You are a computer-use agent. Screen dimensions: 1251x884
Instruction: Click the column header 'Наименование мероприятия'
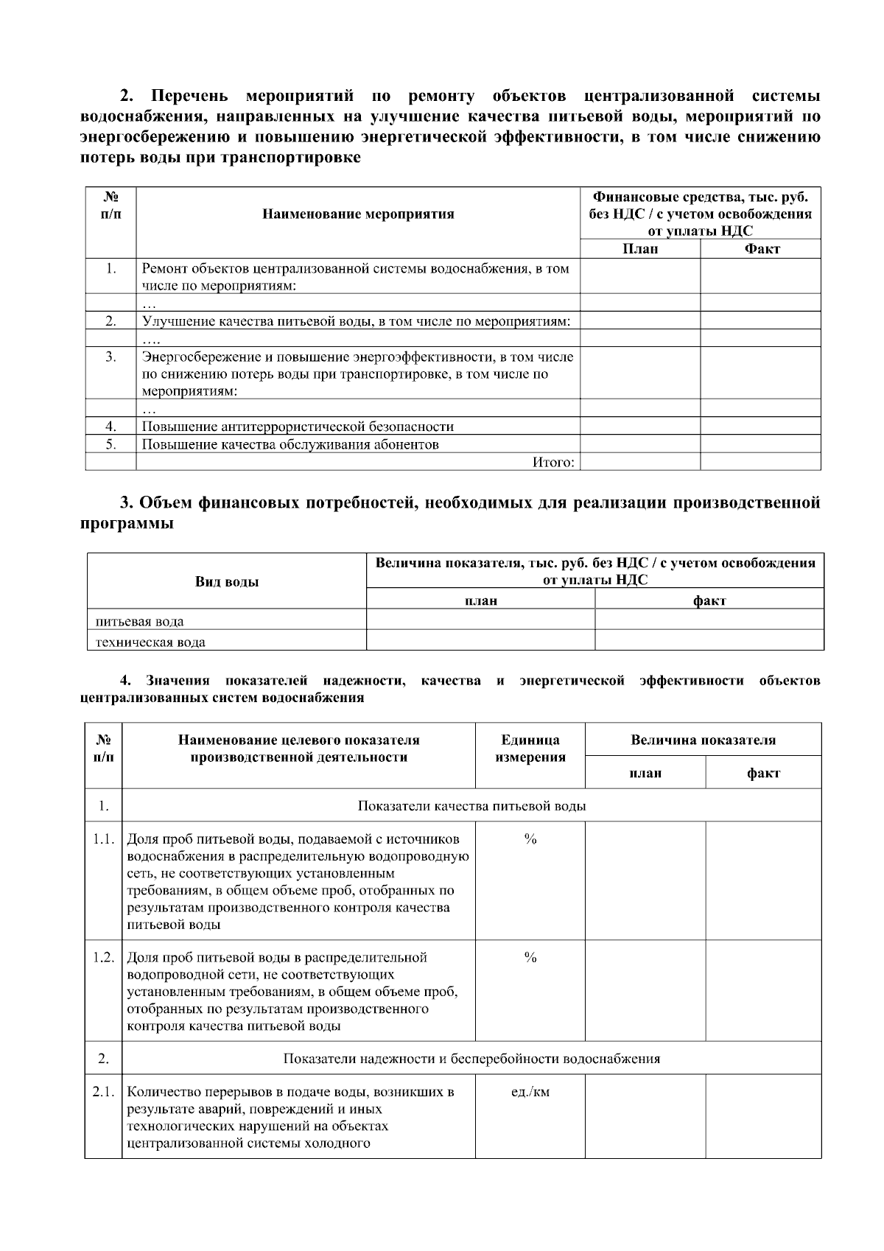coord(358,214)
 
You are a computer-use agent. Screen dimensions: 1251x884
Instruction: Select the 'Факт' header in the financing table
coord(761,249)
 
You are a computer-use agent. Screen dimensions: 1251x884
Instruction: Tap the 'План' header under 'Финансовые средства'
coord(639,249)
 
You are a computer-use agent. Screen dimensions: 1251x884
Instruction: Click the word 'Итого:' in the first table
coord(552,462)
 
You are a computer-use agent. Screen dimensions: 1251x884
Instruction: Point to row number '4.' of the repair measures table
coord(111,426)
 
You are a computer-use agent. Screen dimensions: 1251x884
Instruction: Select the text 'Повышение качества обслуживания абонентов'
coord(290,444)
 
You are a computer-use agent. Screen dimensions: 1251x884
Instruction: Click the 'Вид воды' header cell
coord(226,581)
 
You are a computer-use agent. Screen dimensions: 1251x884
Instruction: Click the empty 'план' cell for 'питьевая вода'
coord(480,620)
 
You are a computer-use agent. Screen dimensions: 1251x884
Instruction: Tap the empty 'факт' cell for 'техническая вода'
coord(709,640)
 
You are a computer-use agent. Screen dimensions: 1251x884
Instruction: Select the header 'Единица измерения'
coord(530,749)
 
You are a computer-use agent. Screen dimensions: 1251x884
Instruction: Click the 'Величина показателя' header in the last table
coord(703,740)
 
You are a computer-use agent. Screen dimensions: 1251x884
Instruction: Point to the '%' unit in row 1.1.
coord(530,839)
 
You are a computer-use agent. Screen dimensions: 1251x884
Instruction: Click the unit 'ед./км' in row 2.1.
coord(530,1092)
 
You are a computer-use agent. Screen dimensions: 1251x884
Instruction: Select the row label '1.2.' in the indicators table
coord(103,958)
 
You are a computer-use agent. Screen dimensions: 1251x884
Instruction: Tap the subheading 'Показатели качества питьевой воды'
coord(471,805)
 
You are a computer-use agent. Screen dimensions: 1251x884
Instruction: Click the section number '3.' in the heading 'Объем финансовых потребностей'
coord(127,503)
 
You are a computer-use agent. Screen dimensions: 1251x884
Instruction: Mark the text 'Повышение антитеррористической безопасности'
coord(298,427)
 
